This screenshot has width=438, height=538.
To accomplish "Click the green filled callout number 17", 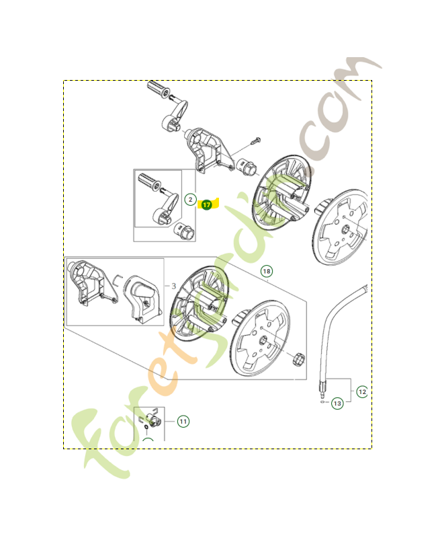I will click(206, 204).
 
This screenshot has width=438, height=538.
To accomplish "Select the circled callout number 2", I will click(190, 200).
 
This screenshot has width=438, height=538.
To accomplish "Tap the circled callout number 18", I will click(267, 271).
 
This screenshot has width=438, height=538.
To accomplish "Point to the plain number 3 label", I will click(173, 286).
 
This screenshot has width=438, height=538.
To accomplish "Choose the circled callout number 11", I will click(183, 421).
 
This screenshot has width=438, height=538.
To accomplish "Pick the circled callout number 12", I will click(362, 391).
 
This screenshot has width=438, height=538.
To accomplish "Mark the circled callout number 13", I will click(337, 403).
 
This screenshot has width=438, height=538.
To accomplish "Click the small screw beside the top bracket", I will click(255, 141).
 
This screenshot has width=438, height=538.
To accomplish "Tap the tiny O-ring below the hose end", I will click(322, 404).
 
